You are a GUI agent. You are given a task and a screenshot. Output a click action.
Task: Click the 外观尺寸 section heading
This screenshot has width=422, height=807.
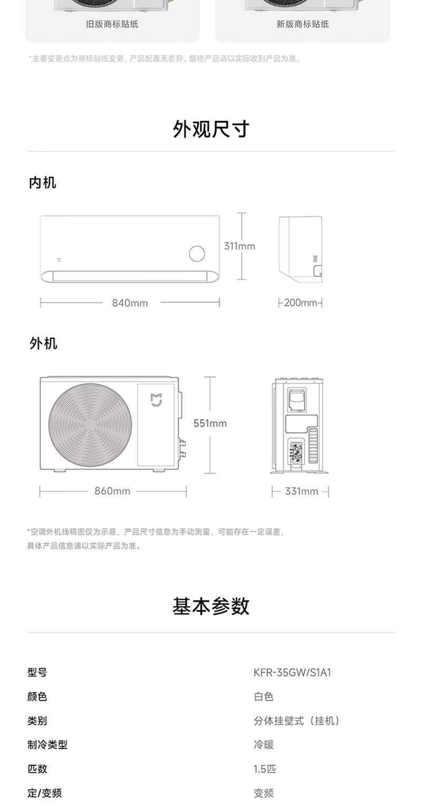pos(211,129)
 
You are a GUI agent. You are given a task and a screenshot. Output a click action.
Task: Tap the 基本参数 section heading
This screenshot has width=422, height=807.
pos(211,607)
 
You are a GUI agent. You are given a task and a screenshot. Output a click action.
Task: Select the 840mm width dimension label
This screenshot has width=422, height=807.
pos(130,303)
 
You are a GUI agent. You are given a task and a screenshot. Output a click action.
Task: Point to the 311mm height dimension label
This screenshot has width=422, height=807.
pos(239,246)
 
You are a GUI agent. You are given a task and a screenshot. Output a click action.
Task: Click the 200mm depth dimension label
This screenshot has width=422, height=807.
pos(301,303)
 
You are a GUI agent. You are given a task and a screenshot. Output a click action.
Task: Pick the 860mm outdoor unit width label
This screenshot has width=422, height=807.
pos(112,491)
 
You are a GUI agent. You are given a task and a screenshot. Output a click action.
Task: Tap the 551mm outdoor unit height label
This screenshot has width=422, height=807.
pos(210,423)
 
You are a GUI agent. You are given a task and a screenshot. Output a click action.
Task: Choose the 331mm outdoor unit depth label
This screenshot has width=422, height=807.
pos(302,491)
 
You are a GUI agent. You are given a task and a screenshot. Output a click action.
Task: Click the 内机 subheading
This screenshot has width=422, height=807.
pos(42,183)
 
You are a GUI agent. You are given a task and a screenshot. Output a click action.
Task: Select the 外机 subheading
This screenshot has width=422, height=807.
pos(43,344)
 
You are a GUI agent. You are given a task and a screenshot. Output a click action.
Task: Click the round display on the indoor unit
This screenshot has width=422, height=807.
pos(197,254)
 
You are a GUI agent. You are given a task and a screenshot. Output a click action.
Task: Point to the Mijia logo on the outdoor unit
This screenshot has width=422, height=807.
pos(157,400)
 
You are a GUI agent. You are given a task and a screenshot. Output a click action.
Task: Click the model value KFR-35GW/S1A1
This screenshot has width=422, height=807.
pos(292,672)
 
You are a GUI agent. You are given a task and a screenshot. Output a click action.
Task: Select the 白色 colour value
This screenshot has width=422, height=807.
pos(264,697)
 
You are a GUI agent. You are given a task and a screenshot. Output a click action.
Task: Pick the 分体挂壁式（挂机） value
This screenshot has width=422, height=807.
pos(297,721)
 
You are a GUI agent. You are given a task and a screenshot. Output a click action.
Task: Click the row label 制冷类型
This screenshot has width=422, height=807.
pos(47,745)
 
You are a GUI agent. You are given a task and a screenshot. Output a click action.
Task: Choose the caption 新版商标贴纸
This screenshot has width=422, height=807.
pos(302,24)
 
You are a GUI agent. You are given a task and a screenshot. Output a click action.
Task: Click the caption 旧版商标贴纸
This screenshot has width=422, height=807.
pos(112,24)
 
